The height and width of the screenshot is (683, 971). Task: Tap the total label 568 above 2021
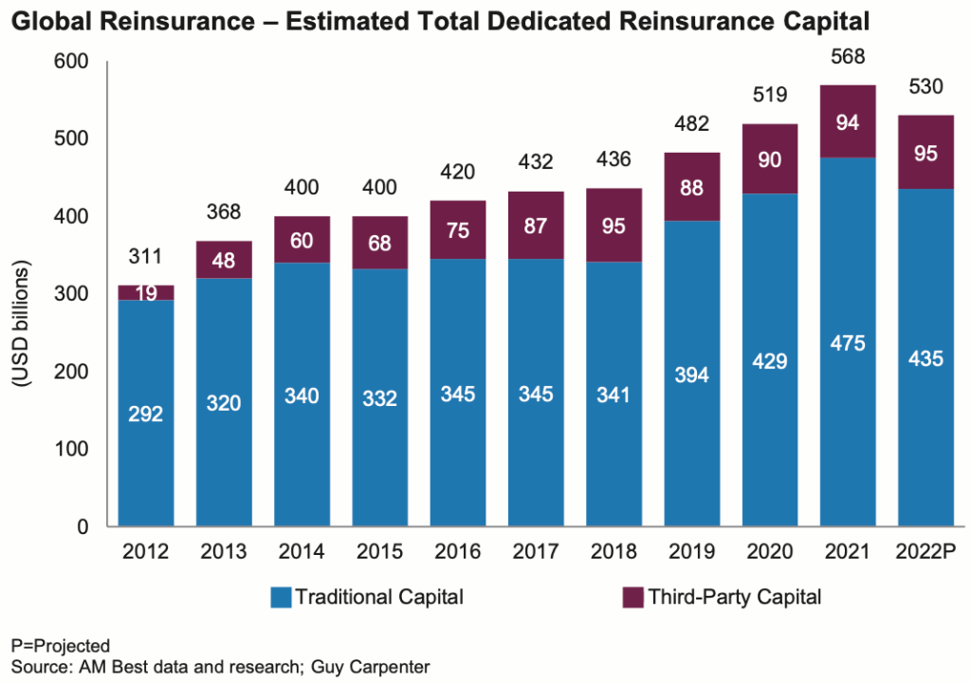[848, 57]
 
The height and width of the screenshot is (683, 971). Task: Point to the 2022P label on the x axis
[925, 552]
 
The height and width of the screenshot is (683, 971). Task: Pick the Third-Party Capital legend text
[734, 598]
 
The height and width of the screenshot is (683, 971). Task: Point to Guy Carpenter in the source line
[376, 665]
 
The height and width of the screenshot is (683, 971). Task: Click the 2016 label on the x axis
[458, 552]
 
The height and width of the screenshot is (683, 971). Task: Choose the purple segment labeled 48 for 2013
[224, 259]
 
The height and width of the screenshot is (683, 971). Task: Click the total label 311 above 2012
[145, 256]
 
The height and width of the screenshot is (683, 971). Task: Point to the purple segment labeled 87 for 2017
[536, 225]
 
